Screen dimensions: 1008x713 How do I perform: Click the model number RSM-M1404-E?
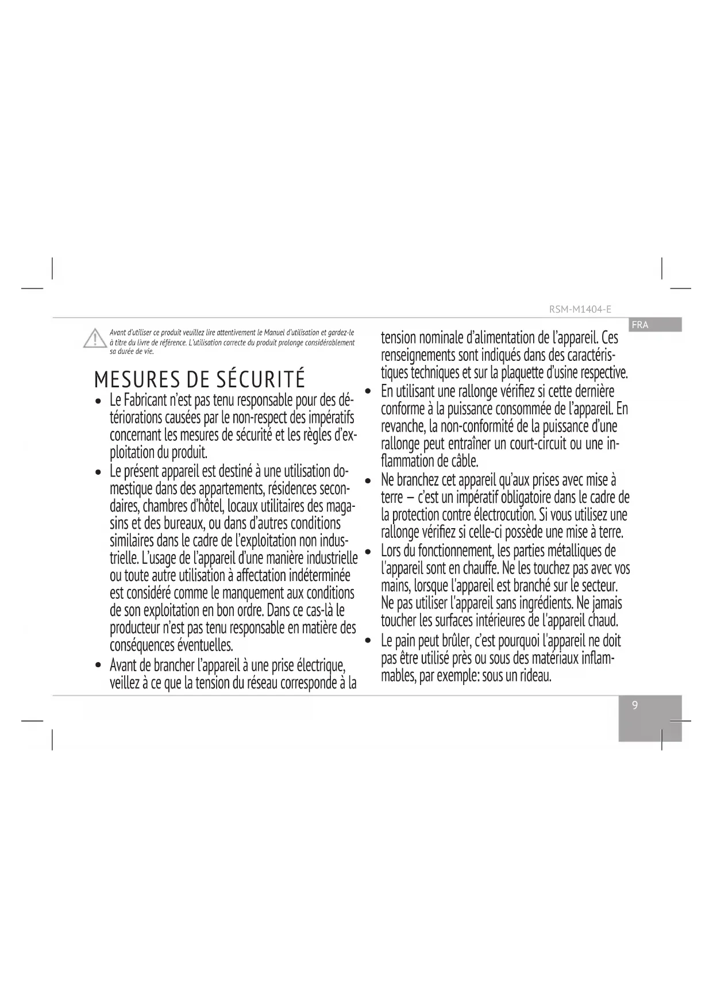(x=580, y=309)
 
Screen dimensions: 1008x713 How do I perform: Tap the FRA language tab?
(x=639, y=325)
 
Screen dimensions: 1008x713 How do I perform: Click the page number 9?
(x=635, y=706)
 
